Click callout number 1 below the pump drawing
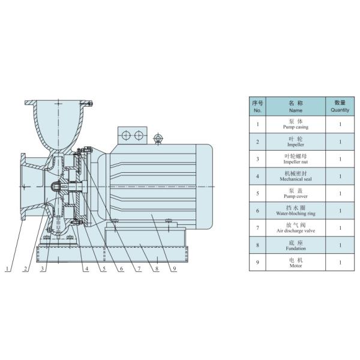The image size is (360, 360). (8, 269)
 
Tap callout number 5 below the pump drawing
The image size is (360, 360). (103, 269)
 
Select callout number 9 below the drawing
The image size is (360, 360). (175, 269)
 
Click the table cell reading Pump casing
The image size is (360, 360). (295, 125)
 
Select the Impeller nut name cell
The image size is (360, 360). (295, 159)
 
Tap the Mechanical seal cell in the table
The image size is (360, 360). (295, 176)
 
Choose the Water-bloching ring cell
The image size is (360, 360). (295, 211)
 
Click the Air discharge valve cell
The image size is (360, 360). (295, 228)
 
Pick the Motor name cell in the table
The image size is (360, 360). (295, 262)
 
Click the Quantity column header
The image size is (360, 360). (340, 107)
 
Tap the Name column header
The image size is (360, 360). (295, 107)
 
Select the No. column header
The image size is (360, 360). (257, 107)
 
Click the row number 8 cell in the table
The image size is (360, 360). (257, 245)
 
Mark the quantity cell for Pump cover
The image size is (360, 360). (340, 193)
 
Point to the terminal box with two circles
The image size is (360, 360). (133, 135)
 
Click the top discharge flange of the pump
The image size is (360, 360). (58, 101)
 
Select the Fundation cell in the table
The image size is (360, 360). (295, 245)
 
